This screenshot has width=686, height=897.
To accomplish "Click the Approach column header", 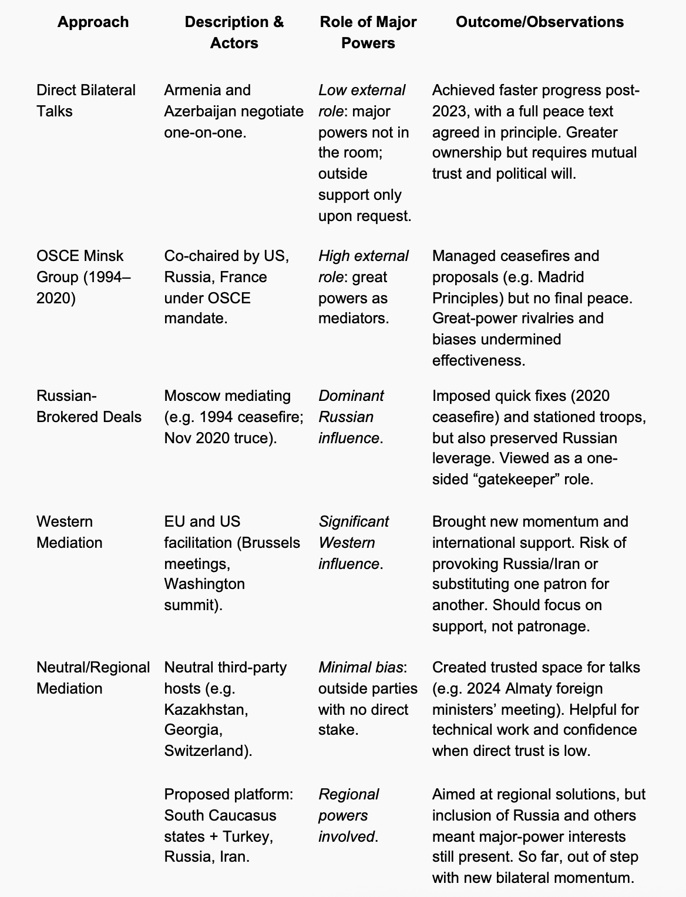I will (x=93, y=22).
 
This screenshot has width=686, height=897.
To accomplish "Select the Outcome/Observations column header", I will (x=539, y=22).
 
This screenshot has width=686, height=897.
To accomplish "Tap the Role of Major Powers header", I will (x=368, y=32).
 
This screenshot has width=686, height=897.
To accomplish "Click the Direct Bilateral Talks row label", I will (x=86, y=101).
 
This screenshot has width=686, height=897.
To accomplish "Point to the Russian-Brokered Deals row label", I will (x=89, y=406).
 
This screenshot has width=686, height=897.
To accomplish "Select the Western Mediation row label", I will (x=69, y=532).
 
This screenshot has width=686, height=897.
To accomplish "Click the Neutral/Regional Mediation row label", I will (x=93, y=678).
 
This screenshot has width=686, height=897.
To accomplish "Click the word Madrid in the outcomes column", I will (x=560, y=277).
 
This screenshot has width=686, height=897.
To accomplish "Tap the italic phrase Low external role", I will (x=362, y=101).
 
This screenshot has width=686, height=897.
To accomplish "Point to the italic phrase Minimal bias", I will (x=361, y=668).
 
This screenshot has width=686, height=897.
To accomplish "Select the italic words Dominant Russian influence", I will (x=351, y=417).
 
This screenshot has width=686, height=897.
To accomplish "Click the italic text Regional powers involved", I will (x=348, y=815).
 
